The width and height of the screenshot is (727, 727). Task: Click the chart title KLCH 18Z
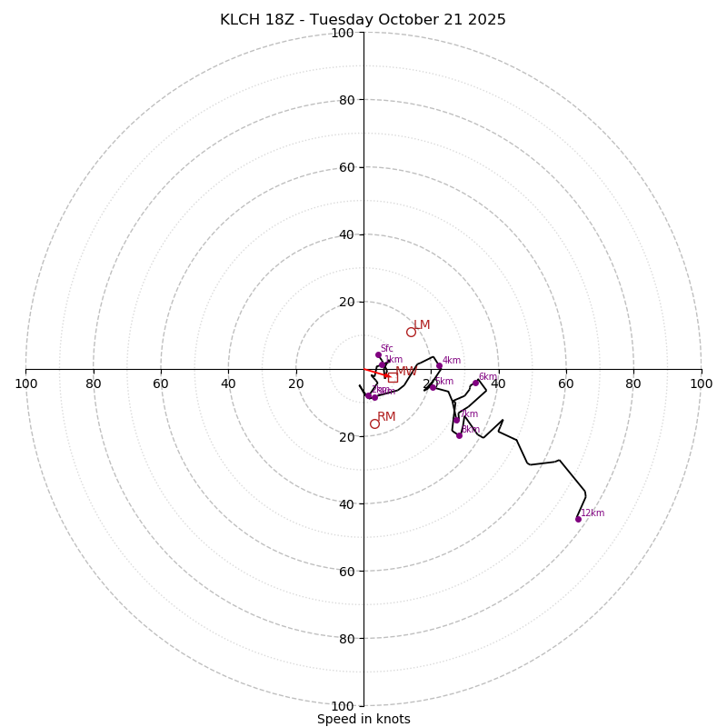363,20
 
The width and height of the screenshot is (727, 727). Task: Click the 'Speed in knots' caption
363,719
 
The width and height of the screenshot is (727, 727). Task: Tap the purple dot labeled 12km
578,519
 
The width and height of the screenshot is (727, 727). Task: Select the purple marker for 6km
475,383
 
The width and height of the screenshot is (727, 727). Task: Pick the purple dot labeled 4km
439,366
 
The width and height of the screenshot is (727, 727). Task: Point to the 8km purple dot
459,435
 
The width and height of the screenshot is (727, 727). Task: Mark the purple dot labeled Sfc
378,355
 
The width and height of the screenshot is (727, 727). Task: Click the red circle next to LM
411,332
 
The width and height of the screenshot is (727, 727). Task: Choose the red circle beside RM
374,423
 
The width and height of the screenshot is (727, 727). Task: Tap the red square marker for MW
393,376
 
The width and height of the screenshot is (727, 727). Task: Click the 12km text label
593,513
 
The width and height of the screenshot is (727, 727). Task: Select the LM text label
422,325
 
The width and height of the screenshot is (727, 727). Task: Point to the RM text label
386,417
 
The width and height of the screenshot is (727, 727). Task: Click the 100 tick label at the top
343,34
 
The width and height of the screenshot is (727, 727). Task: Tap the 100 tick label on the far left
26,383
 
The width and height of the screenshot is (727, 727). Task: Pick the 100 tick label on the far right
701,383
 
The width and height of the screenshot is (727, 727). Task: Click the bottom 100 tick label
343,705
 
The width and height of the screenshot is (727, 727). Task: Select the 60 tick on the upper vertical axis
346,167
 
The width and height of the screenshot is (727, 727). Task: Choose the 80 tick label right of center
633,383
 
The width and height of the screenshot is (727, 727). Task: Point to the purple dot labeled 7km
456,420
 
